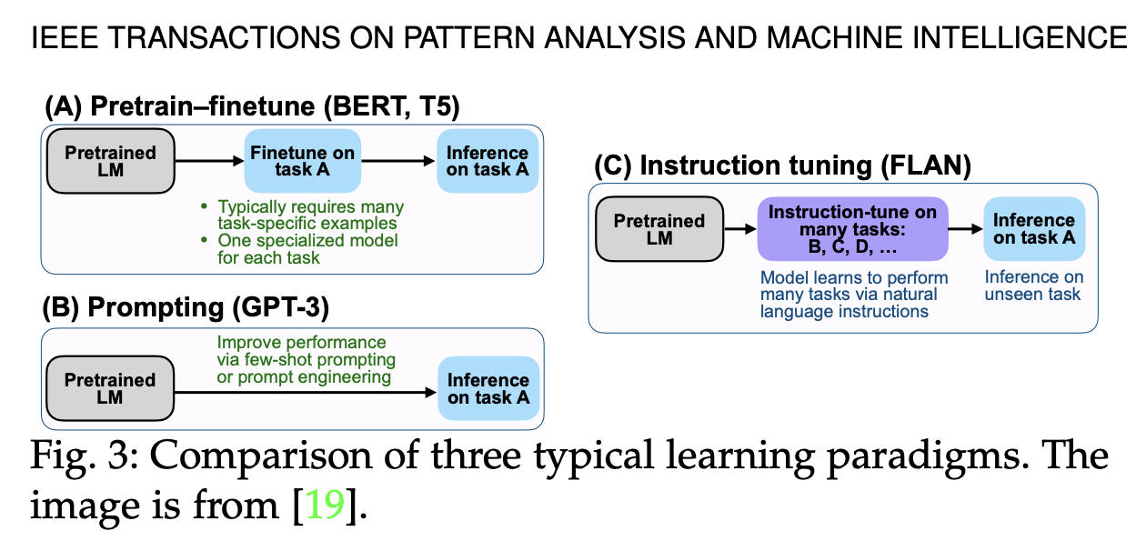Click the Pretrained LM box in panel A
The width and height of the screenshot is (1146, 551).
[x=110, y=162]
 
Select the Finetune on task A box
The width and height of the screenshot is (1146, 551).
[x=303, y=161]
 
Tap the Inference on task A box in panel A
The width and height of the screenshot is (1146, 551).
[x=487, y=161]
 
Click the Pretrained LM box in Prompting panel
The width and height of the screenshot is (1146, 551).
[x=110, y=388]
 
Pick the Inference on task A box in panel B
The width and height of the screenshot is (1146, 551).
[x=488, y=388]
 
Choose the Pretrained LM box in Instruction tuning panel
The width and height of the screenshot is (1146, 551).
[x=659, y=229]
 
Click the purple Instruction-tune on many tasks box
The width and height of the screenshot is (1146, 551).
[x=852, y=229]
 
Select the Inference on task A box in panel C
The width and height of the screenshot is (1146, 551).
[x=1034, y=228]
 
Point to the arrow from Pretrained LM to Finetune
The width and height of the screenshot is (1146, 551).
[x=209, y=162]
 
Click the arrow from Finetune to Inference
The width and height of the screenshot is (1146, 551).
[x=397, y=162]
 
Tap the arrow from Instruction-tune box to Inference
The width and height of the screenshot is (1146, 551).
[x=966, y=230]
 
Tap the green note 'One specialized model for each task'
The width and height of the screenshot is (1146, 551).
[x=307, y=249]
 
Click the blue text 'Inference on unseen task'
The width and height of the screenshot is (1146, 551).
[x=1034, y=285]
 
